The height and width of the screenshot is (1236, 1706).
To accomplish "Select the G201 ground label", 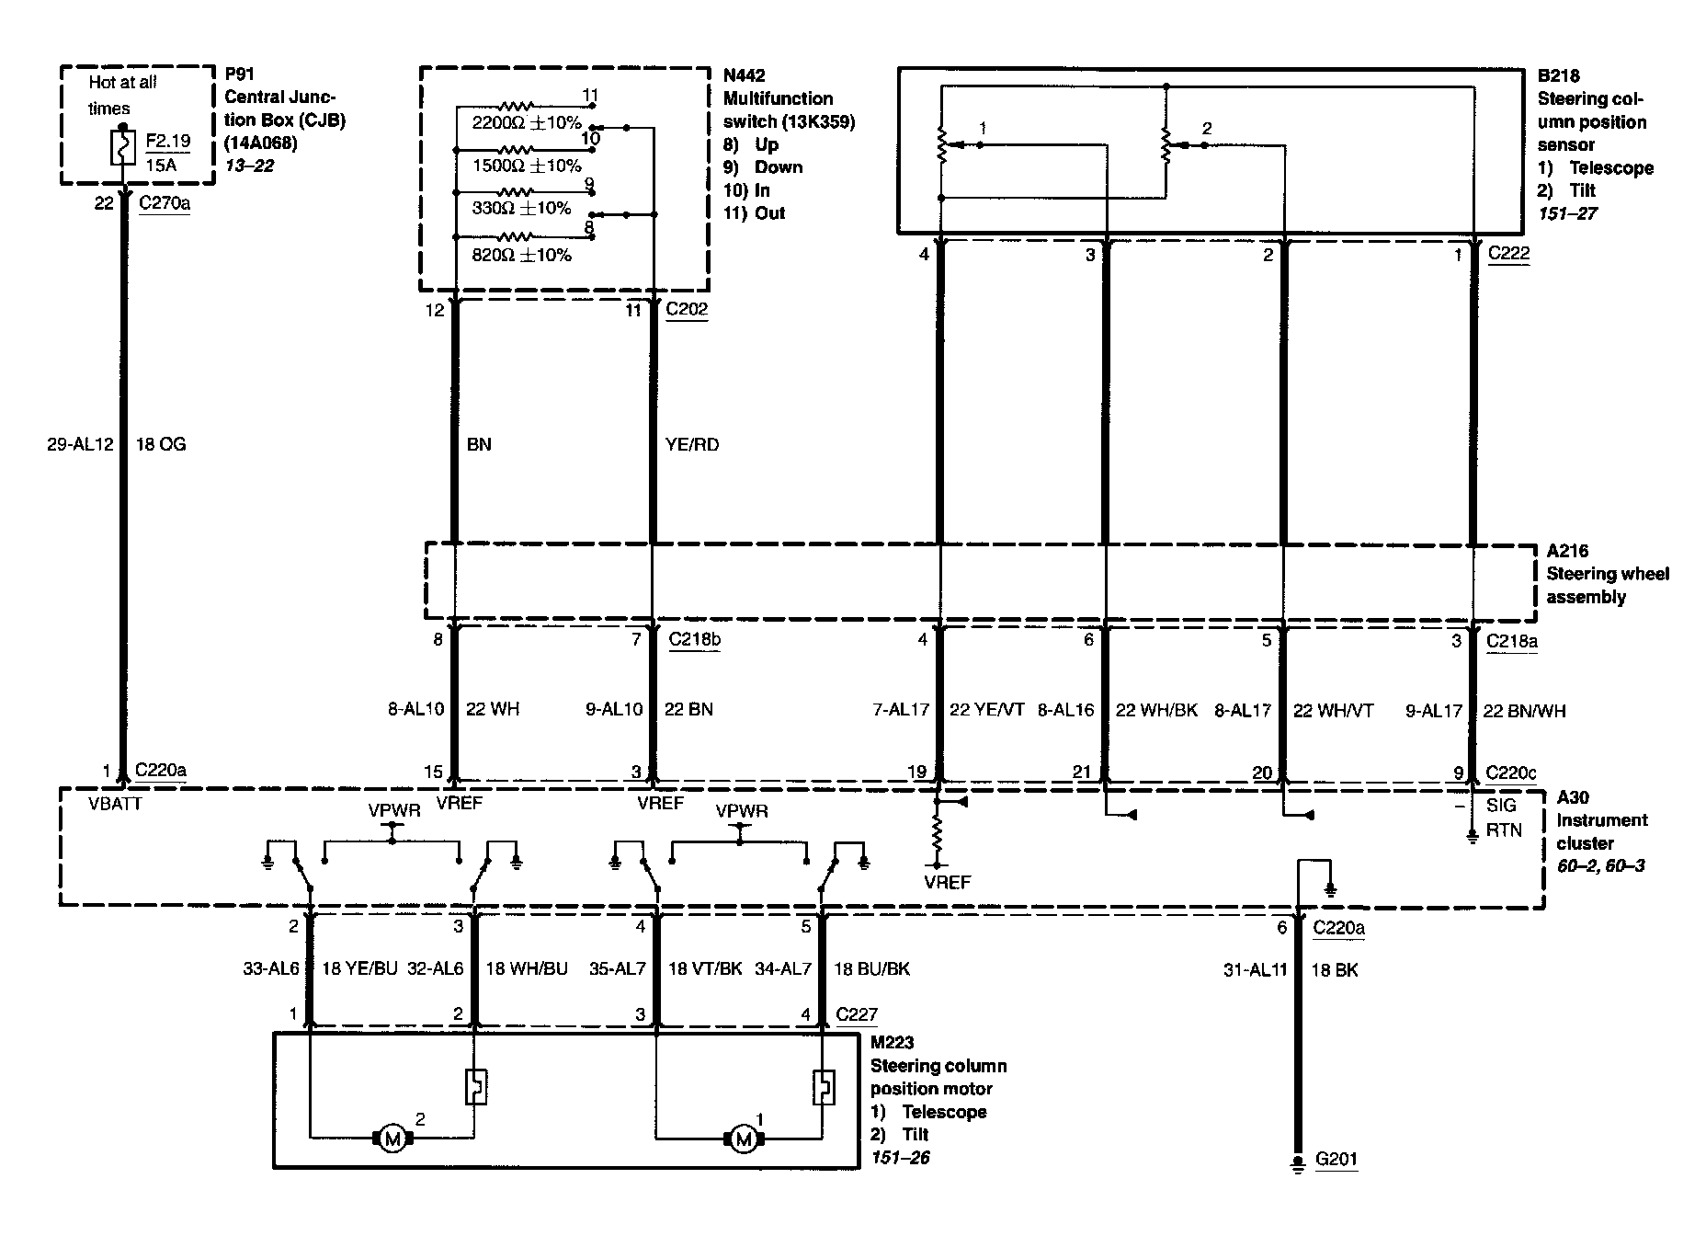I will coord(1336,1159).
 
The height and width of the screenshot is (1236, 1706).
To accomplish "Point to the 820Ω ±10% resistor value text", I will coord(521,255).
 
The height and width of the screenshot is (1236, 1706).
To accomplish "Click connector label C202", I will coord(687,309).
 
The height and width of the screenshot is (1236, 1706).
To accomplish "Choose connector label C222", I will coord(1508,253).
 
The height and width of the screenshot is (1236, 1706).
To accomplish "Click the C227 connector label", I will coord(857,1015).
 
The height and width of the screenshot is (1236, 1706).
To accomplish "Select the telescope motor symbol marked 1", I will coord(743,1139).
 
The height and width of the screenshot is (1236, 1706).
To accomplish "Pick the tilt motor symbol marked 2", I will coord(392,1139).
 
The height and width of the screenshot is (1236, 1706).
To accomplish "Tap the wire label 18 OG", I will coord(160,444).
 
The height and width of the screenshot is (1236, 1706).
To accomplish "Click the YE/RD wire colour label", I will coord(691,444).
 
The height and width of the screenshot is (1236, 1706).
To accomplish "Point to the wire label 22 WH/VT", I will coord(1333,710).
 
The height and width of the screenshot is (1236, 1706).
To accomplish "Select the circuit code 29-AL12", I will coord(80,444).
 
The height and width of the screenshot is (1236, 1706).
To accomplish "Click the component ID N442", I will coord(744,75).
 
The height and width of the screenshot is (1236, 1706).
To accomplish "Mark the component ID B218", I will coord(1558,75).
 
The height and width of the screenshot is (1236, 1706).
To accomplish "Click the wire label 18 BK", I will coord(1334,969).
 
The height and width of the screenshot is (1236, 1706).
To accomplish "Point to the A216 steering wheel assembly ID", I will coord(1567,551).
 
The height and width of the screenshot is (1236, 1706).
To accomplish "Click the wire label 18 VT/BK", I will coord(705,968).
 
